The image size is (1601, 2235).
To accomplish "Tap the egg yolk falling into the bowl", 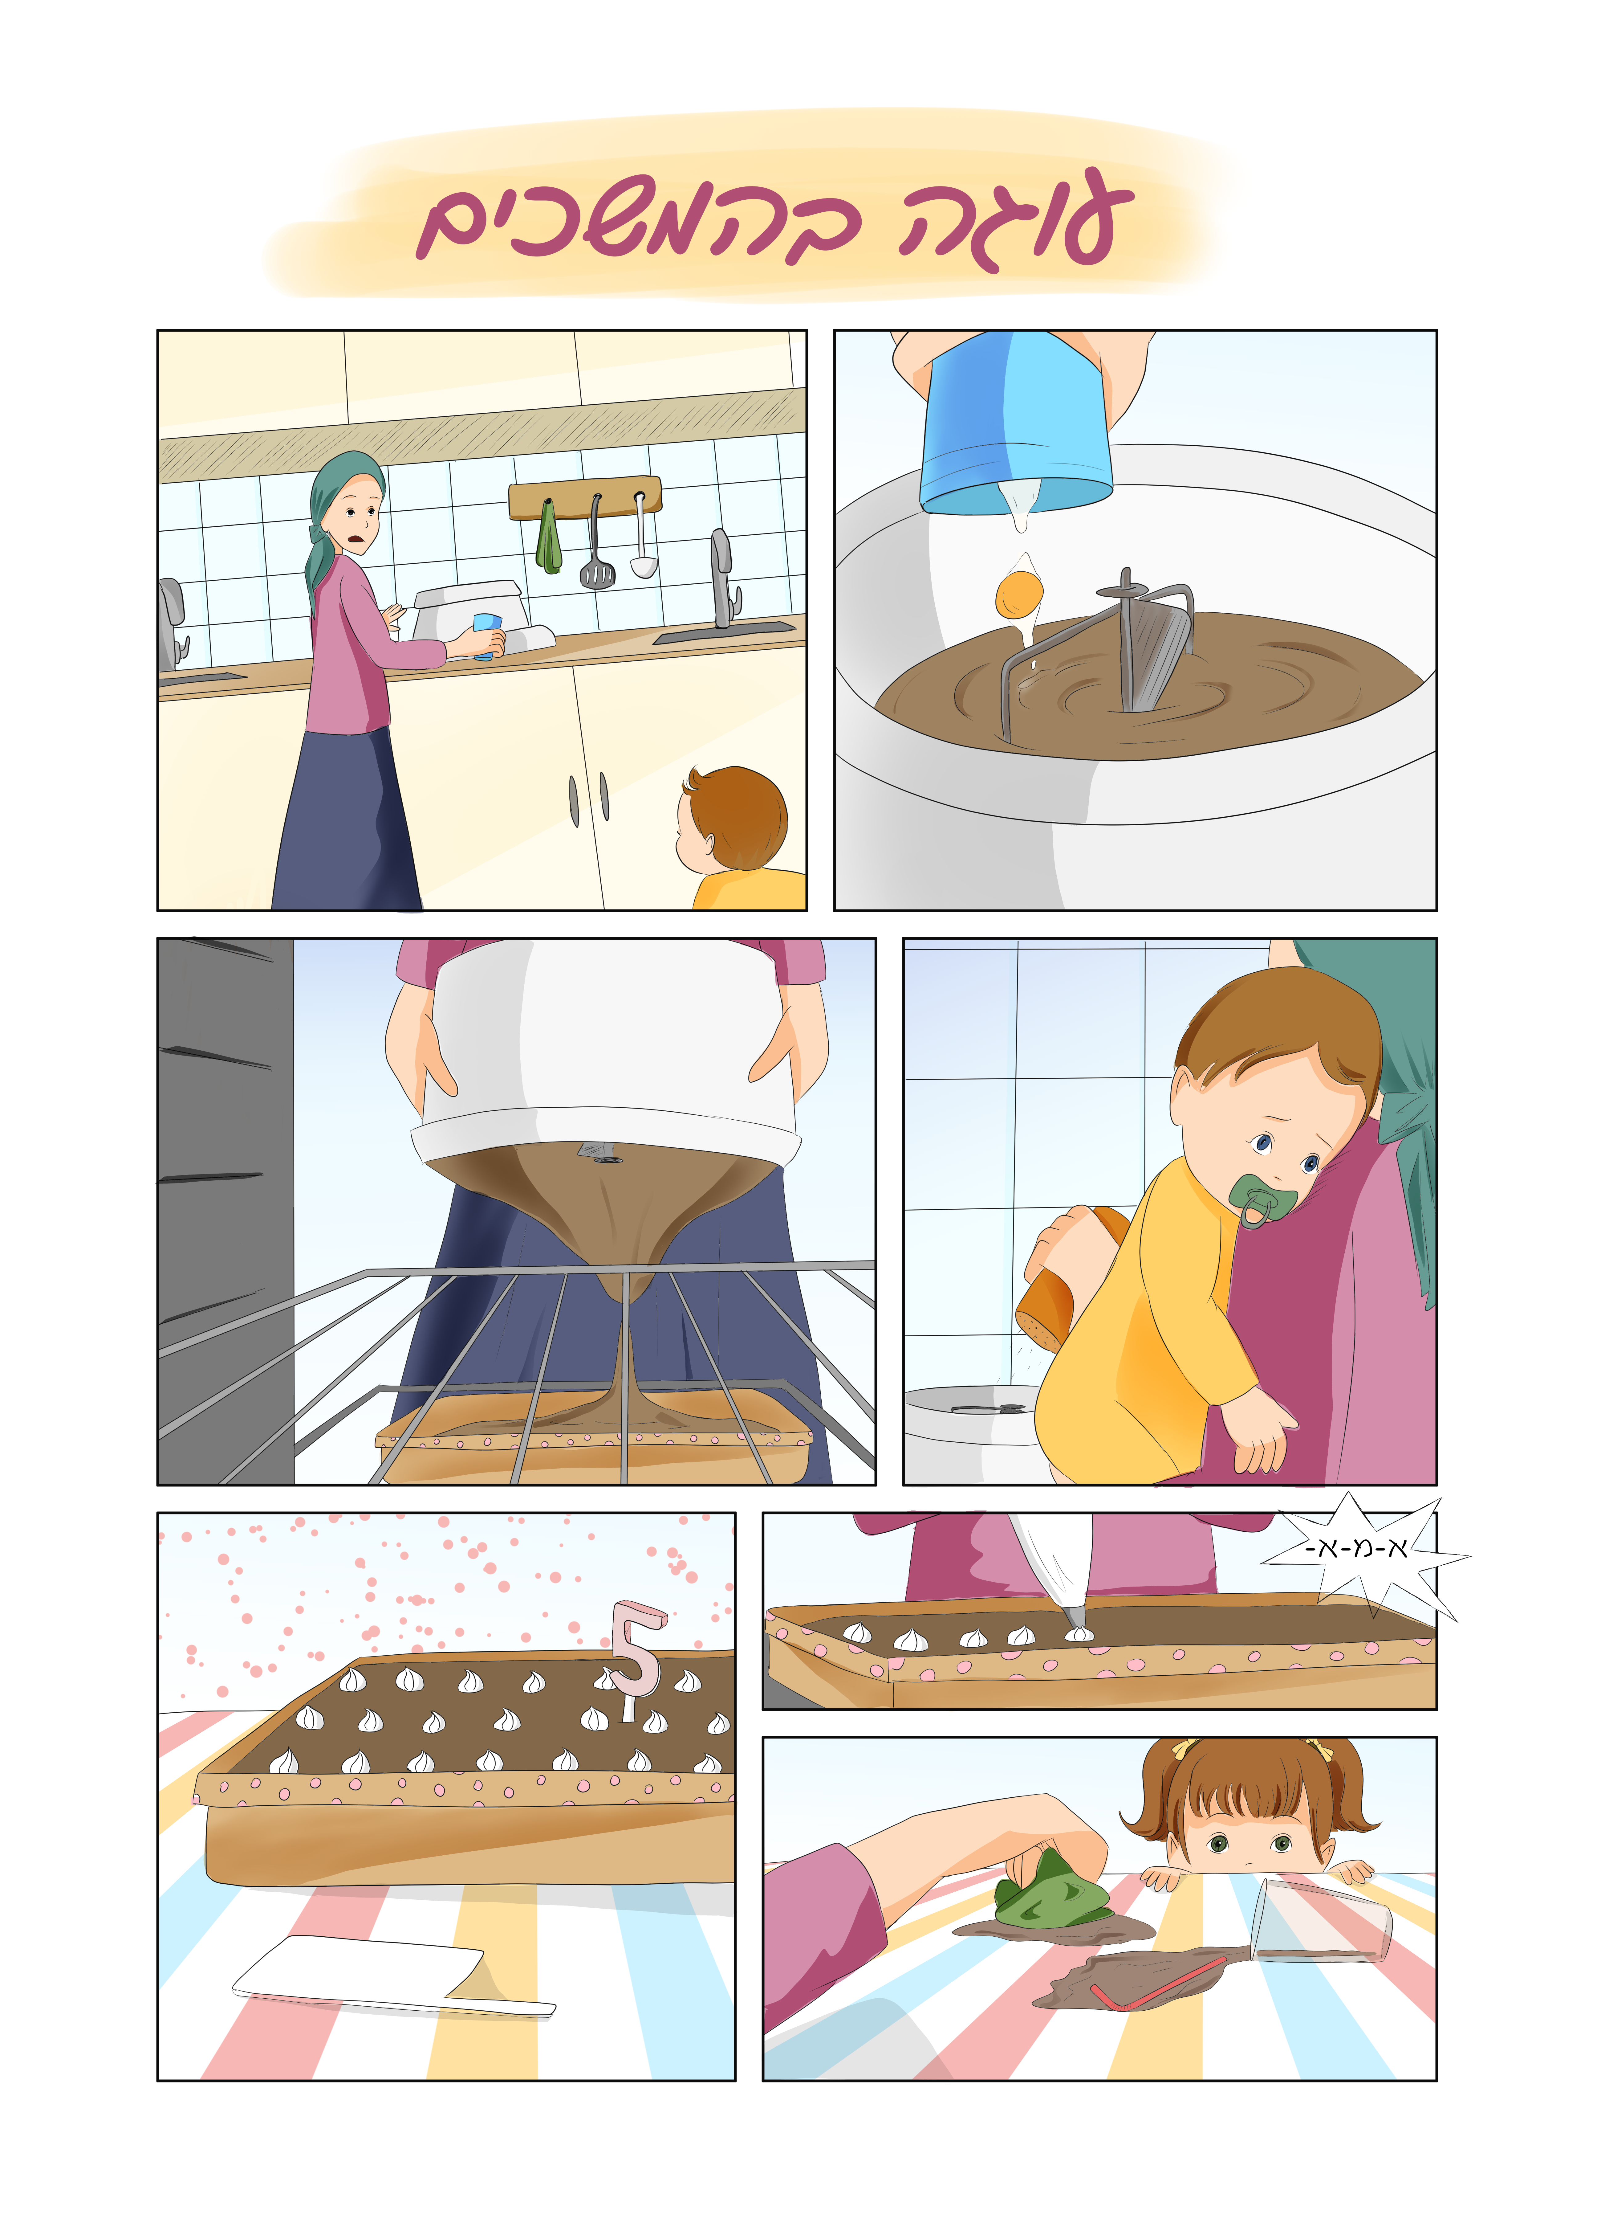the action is coord(1019,593).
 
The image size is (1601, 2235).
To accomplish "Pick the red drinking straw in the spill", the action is coord(1159,1988).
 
